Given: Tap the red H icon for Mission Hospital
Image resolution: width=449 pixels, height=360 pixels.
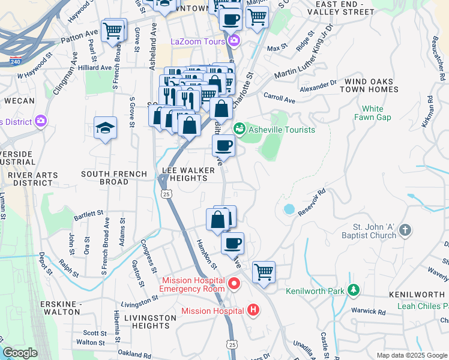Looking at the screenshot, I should [253, 310].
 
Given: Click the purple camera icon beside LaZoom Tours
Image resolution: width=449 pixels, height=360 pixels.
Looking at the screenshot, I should [234, 41].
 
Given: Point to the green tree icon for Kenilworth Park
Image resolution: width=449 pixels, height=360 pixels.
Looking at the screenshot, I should [354, 291].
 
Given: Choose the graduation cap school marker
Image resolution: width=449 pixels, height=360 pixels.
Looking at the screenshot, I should [105, 128].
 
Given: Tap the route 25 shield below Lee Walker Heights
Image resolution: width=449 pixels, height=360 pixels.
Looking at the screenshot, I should [166, 193].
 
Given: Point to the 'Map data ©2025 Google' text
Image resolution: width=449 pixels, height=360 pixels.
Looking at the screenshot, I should [411, 355].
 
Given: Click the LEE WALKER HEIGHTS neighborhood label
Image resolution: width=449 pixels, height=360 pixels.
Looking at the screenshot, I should [188, 174].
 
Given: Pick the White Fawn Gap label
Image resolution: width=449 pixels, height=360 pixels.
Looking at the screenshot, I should [376, 113].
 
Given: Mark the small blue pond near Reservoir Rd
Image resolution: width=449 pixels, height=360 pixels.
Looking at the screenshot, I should [289, 209].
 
